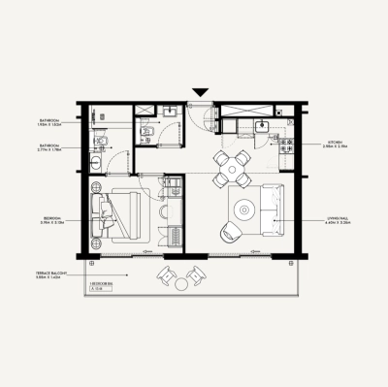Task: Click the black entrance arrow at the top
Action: coord(199,92)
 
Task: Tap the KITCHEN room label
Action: coord(332,143)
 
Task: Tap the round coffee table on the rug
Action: coord(244,209)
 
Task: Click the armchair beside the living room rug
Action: coord(230,232)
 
